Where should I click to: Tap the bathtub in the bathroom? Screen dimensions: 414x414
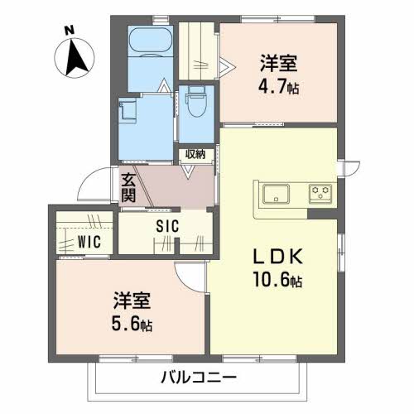pos(150,41)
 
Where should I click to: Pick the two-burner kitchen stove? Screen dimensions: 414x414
pos(320,195)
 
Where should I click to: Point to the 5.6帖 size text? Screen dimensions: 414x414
pos(133,324)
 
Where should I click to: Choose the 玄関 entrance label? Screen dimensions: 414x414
pos(129,186)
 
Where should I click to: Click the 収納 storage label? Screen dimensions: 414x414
pos(195,155)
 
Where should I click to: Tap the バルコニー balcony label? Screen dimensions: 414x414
pos(195,378)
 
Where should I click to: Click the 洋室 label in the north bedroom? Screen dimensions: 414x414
pos(278,63)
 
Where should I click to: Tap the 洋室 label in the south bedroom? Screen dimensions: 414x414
pos(132,299)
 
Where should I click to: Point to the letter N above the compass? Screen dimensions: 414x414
pos(70,29)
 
